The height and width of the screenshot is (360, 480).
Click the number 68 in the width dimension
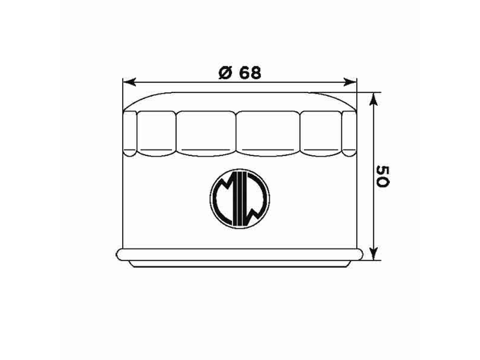coord(250,73)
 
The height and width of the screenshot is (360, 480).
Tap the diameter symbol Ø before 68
coord(225,73)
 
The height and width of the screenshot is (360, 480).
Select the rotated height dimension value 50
coord(382,176)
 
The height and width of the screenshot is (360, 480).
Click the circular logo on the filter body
coord(240,199)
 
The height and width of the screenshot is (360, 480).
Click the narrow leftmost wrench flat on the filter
coord(130,133)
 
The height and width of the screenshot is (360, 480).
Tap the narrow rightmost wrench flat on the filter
coord(349,133)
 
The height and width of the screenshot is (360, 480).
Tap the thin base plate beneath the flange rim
coord(239,264)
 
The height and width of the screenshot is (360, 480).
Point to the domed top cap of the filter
coord(239,101)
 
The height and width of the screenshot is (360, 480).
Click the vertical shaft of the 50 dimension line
coord(373,139)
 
